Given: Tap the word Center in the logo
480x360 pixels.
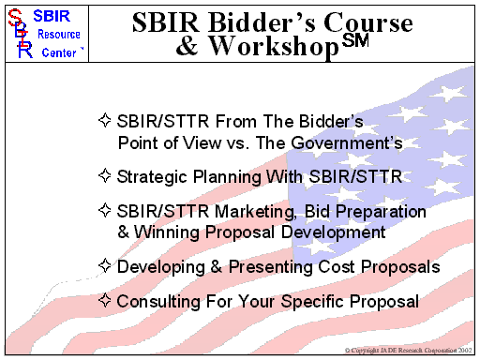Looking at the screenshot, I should (x=64, y=52).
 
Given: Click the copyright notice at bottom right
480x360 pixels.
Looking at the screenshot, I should (x=410, y=351).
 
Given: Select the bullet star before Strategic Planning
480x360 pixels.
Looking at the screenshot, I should (x=105, y=175).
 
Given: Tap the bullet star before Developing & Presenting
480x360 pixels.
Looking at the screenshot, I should (x=105, y=267).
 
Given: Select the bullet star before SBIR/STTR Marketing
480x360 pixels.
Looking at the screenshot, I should (x=105, y=212).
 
